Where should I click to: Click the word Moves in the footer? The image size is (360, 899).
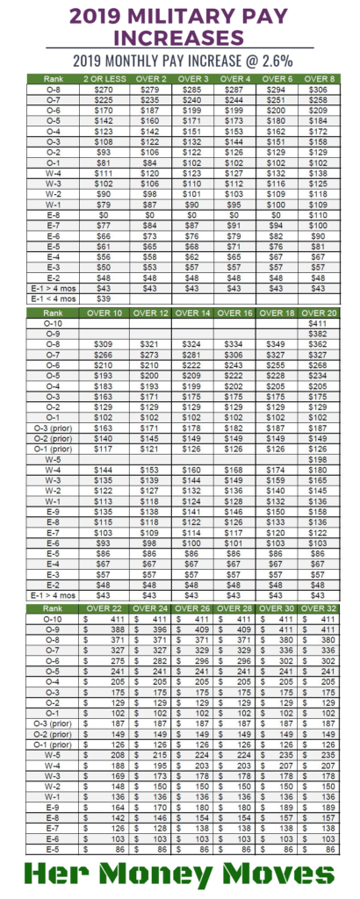click(279, 874)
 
